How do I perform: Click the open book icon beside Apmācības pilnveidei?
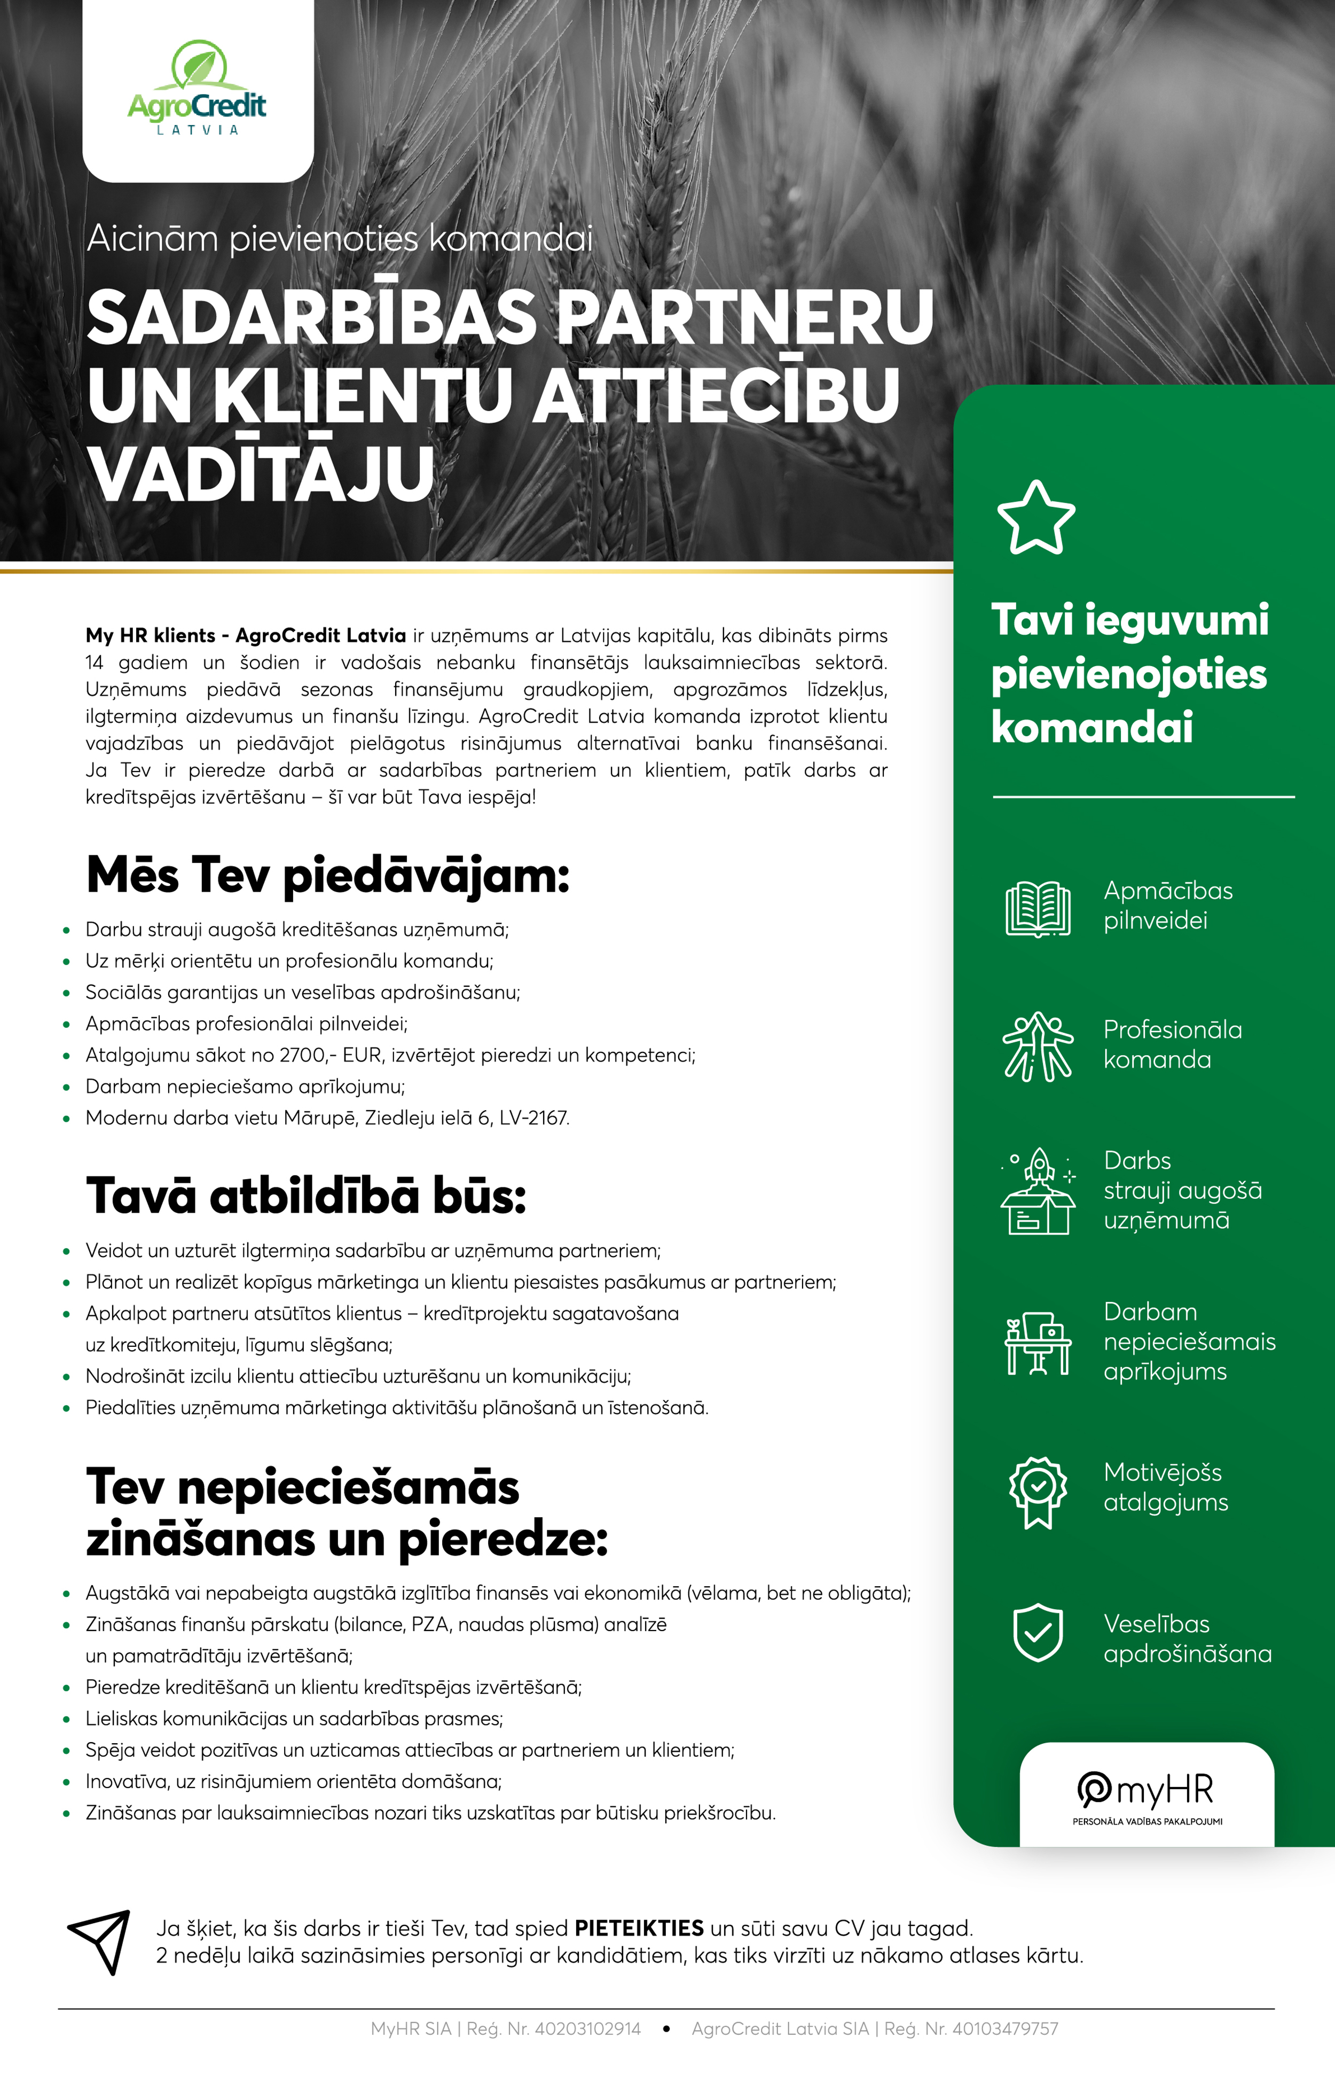click(x=1038, y=908)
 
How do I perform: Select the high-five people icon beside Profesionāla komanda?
click(x=1038, y=1046)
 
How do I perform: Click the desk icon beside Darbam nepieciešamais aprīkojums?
click(x=1038, y=1343)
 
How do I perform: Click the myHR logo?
click(x=1146, y=1794)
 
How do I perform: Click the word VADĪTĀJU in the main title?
click(x=260, y=473)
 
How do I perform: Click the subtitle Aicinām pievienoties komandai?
click(x=340, y=238)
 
